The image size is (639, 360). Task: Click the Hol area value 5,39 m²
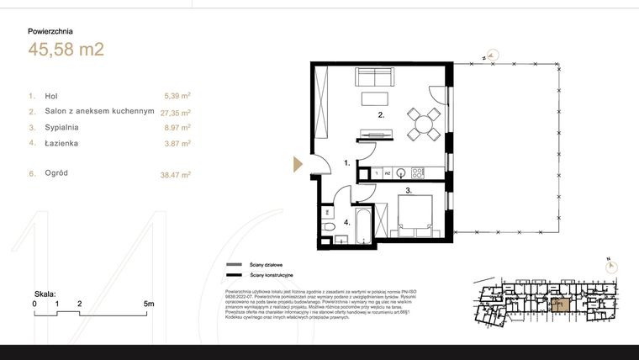(177, 97)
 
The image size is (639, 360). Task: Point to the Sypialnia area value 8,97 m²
(177, 128)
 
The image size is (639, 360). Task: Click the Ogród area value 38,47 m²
(175, 174)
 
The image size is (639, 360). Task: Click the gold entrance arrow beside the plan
(297, 163)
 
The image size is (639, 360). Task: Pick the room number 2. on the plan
(381, 115)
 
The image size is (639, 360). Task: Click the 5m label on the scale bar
(149, 303)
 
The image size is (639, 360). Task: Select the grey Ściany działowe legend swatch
(234, 265)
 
